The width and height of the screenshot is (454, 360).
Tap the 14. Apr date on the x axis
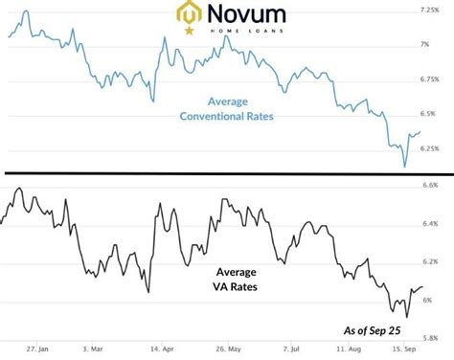162,351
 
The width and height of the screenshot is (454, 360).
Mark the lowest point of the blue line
405,167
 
